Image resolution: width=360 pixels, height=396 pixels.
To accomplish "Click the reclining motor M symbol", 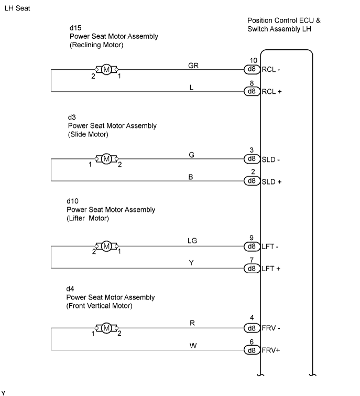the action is point(106,69).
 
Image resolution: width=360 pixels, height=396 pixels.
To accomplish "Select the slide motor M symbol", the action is point(106,159).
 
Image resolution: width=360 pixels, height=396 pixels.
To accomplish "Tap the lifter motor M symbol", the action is point(106,246).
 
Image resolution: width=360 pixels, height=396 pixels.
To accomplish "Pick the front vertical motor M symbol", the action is point(106,328).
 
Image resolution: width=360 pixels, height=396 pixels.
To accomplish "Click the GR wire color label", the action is point(193,66).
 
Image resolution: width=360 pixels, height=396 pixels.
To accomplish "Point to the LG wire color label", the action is point(192,241).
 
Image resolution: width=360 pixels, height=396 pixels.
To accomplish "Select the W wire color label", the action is point(193,346).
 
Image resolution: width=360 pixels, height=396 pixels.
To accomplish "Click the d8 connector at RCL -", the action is point(252,69).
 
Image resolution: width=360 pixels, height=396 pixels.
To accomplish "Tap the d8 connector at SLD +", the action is point(252,181).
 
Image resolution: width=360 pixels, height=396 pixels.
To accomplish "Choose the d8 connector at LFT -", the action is point(252,246).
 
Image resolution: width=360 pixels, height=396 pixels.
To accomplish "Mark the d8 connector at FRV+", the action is point(252,350).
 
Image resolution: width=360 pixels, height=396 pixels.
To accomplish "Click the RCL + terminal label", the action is point(271,91).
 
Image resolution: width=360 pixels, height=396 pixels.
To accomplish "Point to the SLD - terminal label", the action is point(271,159).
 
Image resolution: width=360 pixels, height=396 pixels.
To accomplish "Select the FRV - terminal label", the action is point(271,328).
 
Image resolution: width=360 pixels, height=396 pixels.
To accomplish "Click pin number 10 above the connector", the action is point(253,61).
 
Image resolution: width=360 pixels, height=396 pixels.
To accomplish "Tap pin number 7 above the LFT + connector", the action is point(252,260).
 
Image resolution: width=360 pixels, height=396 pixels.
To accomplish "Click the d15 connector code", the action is point(75,28).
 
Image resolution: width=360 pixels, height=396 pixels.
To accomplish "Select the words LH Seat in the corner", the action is point(17,8).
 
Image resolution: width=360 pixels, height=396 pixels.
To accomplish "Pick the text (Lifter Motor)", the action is point(88,218).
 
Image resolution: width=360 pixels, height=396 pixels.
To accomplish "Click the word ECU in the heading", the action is point(306,20).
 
